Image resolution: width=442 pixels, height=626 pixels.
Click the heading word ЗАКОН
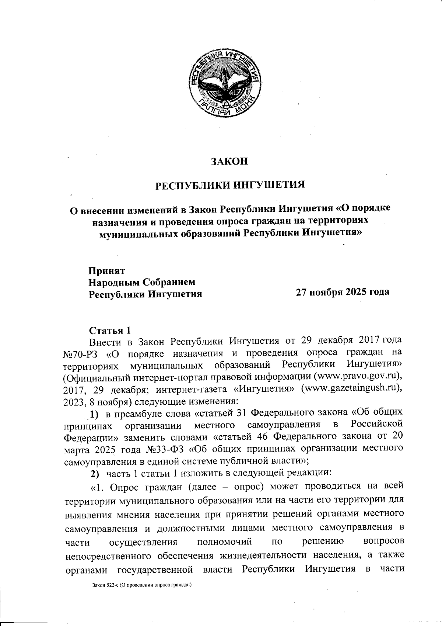point(229,162)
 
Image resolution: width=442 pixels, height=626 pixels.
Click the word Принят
point(106,270)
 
